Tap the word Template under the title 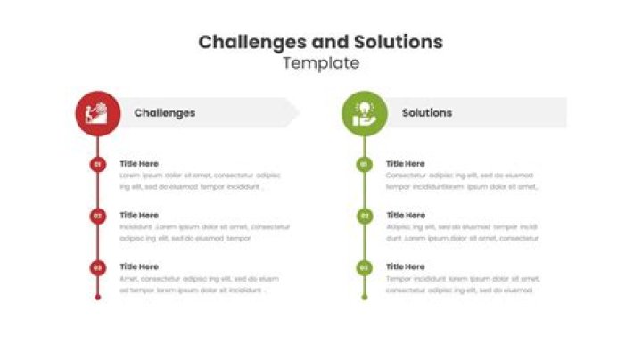point(321,63)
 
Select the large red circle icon point(98,113)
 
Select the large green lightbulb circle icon point(365,113)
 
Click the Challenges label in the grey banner point(165,113)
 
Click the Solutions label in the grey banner point(427,113)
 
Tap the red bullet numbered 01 point(98,164)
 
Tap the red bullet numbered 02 point(98,216)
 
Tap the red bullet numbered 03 point(98,267)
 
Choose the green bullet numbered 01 point(364,164)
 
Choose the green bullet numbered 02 point(364,216)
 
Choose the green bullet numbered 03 point(364,267)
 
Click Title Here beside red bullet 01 point(139,164)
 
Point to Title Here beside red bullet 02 point(139,216)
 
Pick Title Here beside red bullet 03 point(139,266)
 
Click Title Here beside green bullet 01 point(406,164)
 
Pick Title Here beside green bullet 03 point(406,266)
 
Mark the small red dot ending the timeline point(98,297)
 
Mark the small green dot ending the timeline point(364,297)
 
